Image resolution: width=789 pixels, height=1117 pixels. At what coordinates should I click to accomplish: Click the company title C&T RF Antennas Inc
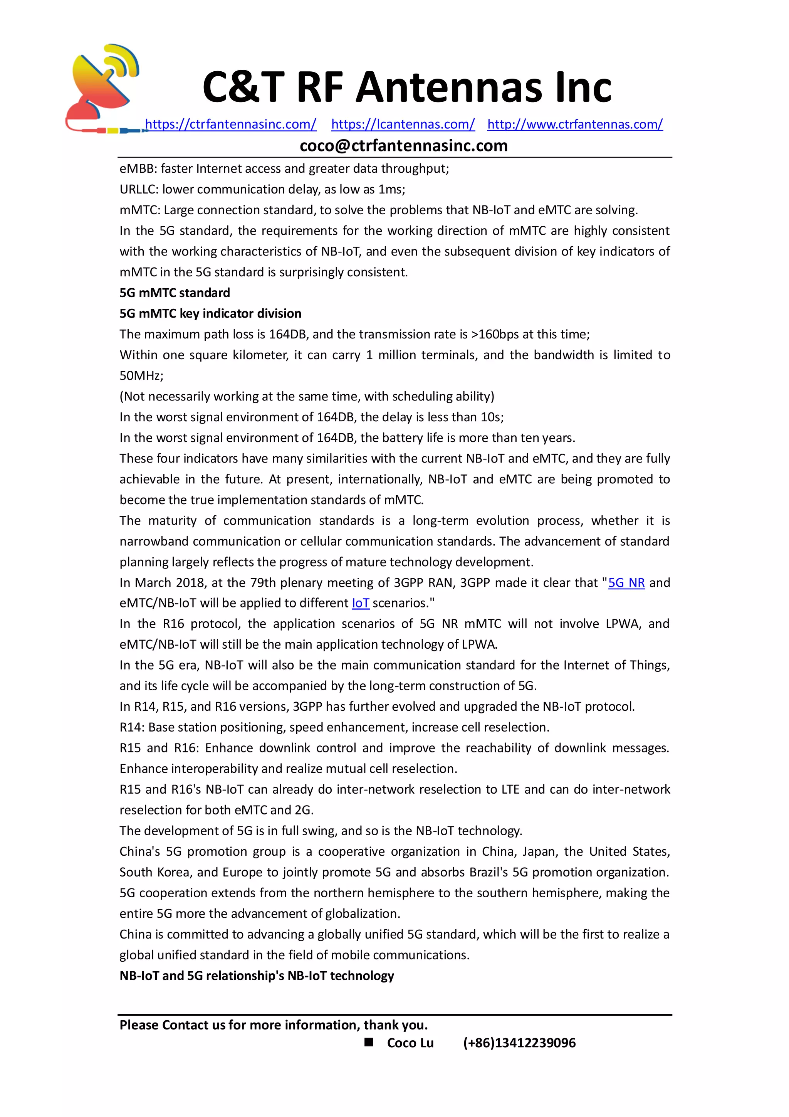coord(406,87)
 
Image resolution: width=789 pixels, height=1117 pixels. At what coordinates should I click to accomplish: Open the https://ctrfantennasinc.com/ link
coord(230,124)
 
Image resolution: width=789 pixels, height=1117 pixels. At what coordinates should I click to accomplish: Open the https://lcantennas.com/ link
coord(403,124)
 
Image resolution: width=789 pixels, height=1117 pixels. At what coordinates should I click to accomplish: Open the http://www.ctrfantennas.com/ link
coord(575,124)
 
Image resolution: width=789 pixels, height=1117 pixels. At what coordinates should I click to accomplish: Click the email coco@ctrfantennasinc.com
coord(403,145)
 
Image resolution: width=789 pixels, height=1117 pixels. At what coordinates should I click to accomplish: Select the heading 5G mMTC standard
coord(175,293)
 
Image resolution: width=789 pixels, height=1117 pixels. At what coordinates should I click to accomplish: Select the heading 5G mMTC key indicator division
coord(210,313)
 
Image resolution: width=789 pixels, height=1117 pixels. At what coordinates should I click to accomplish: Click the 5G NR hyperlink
coord(626,583)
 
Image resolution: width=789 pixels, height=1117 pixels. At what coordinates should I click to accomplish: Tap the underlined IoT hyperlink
coord(360,603)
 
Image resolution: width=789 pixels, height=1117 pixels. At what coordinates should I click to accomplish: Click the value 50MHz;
coord(141,375)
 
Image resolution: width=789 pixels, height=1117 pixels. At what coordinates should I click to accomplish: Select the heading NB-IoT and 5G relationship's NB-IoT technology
coord(256,976)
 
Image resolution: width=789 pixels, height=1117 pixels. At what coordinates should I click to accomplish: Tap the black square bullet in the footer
coord(369,1042)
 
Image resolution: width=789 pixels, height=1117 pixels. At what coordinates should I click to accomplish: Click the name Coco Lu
coord(410,1043)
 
